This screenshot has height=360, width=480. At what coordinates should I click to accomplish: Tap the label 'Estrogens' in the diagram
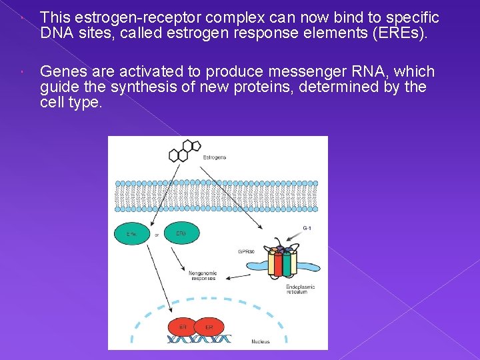(214, 157)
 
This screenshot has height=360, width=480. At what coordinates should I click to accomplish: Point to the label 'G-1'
(307, 228)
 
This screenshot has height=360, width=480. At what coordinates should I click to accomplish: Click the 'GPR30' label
(246, 251)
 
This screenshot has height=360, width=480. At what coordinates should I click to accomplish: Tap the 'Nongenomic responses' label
(202, 275)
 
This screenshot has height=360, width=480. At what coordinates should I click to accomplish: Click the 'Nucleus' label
(261, 341)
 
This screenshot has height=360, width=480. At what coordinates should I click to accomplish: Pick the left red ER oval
(183, 327)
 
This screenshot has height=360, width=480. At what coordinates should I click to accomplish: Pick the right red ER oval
(209, 327)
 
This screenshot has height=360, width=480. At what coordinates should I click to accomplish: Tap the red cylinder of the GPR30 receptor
(273, 263)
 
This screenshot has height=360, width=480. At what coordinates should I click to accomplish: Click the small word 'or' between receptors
(157, 235)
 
